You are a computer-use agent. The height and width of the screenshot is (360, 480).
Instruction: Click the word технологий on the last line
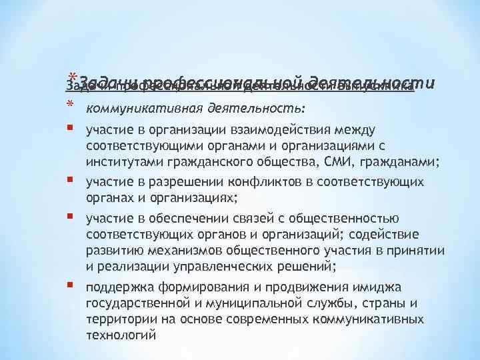121,335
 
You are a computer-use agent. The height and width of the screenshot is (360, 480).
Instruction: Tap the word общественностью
347,219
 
